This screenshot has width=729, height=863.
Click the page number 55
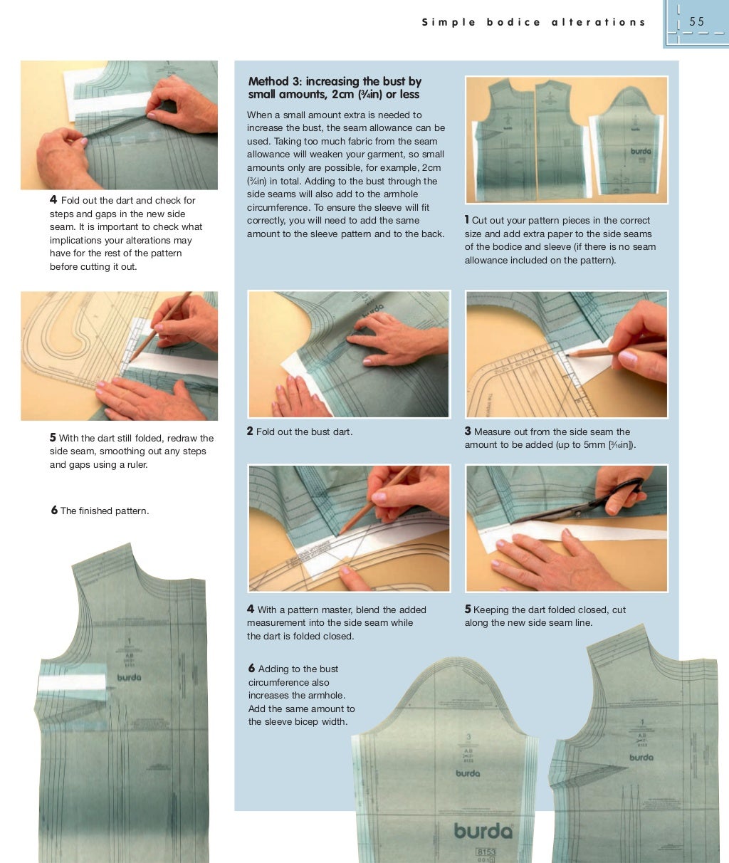click(x=696, y=21)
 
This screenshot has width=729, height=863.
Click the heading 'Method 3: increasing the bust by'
click(x=335, y=81)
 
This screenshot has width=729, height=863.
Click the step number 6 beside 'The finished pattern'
click(x=54, y=511)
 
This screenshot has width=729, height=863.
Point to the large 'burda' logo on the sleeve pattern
click(x=483, y=830)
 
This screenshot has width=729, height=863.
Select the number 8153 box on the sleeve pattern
click(x=486, y=852)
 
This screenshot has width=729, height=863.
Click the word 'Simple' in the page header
click(x=449, y=22)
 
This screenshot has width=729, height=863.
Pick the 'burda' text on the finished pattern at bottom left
click(x=129, y=677)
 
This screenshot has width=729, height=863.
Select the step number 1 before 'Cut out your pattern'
click(x=467, y=220)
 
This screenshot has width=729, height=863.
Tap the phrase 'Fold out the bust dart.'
click(x=304, y=431)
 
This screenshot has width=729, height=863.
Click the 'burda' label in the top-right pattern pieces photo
click(x=640, y=152)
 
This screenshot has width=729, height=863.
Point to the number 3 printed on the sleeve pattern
click(x=468, y=737)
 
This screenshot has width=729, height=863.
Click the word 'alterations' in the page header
click(x=598, y=22)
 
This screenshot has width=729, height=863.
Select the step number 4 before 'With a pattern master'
click(x=251, y=610)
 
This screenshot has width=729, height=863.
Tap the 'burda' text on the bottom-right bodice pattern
click(x=641, y=757)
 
